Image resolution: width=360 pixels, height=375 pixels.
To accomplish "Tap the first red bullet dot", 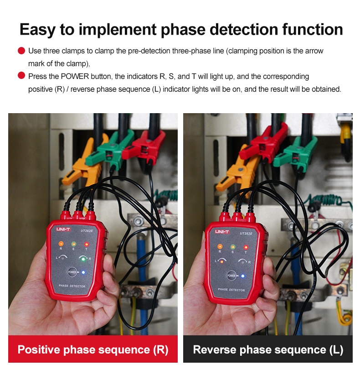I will pos(21,51).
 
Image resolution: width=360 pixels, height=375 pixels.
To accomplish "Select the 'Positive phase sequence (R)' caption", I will pos(93,350).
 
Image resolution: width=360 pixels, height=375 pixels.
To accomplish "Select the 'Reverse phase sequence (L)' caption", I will pos(268,350).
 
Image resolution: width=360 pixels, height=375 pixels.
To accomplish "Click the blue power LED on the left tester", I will pos(83,272).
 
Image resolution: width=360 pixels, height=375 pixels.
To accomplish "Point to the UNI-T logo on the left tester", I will pos(62,229).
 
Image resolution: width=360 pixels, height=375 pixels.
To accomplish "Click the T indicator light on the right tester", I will pos(246,247).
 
